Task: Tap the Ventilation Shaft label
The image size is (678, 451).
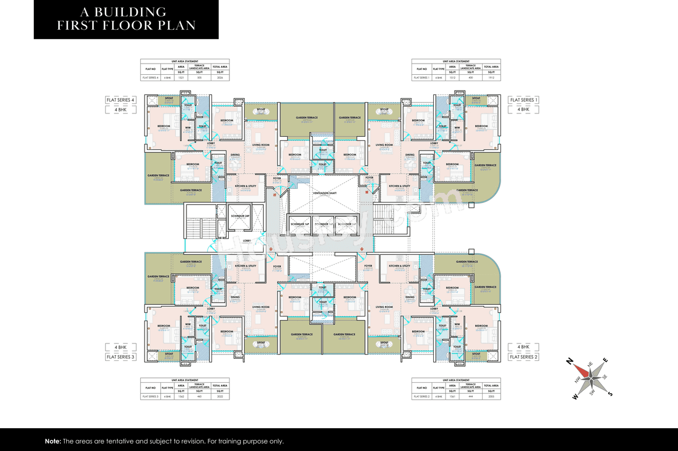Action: click(x=326, y=193)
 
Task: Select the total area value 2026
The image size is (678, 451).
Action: click(x=220, y=78)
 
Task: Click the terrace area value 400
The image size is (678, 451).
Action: click(x=470, y=78)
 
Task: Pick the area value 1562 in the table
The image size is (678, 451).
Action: click(x=181, y=396)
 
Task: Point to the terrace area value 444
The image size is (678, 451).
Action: click(x=470, y=396)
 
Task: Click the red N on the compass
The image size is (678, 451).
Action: click(x=570, y=361)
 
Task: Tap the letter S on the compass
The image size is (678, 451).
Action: click(x=610, y=394)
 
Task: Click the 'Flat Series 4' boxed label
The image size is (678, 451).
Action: click(x=121, y=100)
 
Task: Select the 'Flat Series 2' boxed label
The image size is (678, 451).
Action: click(x=523, y=357)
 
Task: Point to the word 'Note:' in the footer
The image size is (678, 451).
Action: click(x=53, y=441)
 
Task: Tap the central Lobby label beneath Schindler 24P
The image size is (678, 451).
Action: click(x=246, y=241)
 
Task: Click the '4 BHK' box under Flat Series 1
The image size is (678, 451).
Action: click(x=523, y=110)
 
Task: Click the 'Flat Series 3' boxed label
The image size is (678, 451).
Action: click(x=121, y=357)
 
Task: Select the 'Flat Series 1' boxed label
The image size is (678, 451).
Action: click(x=523, y=100)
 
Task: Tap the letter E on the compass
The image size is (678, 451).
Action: click(x=605, y=360)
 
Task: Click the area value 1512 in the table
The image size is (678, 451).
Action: click(x=452, y=78)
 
